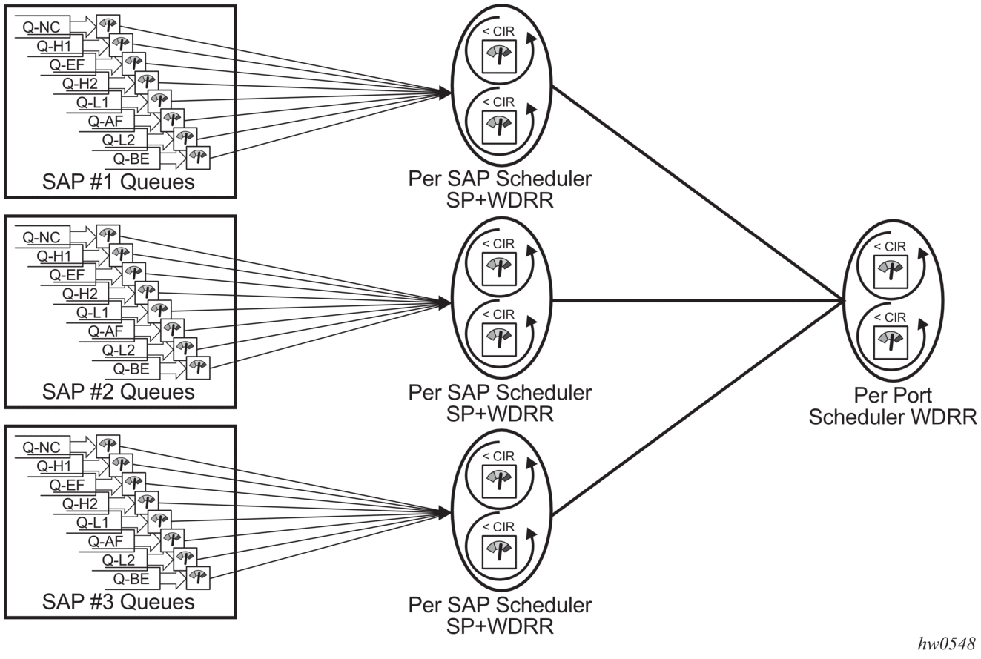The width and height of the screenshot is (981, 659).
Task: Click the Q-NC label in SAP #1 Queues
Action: click(x=42, y=27)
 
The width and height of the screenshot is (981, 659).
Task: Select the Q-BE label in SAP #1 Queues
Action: click(x=131, y=159)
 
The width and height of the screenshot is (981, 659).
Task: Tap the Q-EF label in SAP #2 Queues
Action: click(x=67, y=275)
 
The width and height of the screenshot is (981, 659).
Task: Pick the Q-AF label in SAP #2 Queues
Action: click(x=105, y=331)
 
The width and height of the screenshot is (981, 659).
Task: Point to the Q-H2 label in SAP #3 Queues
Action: click(x=79, y=503)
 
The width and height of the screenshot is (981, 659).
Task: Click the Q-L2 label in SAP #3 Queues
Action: click(x=118, y=560)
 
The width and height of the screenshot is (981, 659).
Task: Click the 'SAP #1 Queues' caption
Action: click(x=118, y=182)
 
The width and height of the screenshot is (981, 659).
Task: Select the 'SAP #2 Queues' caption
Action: click(x=118, y=392)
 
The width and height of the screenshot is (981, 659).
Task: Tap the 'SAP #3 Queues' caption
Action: click(x=118, y=602)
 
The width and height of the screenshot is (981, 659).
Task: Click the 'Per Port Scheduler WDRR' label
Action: click(x=893, y=406)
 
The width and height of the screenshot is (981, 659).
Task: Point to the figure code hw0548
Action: click(x=946, y=643)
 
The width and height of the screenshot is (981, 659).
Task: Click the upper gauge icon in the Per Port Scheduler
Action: click(x=891, y=272)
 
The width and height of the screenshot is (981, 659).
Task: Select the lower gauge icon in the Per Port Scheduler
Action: click(x=891, y=343)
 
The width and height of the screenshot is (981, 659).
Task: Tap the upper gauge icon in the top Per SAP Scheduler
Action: click(x=499, y=57)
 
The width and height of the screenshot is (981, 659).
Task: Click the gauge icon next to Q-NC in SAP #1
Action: click(x=108, y=26)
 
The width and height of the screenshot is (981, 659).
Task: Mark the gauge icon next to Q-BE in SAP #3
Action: click(x=198, y=577)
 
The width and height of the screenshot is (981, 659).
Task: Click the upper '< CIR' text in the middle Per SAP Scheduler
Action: click(x=498, y=244)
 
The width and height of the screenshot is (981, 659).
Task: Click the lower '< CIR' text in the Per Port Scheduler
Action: click(x=890, y=317)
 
